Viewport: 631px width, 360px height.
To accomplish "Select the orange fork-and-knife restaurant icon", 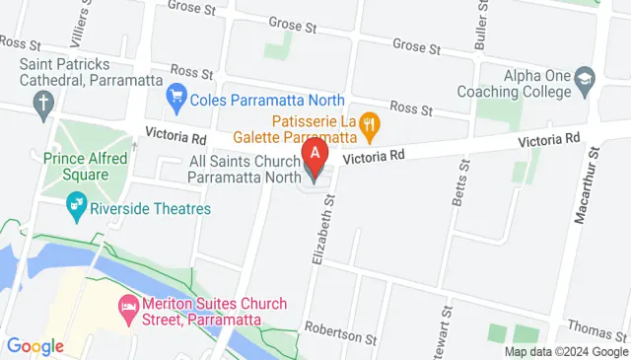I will (x=370, y=124).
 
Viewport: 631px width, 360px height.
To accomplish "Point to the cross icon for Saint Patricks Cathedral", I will (x=43, y=101).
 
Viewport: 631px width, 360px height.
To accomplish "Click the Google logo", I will (x=35, y=346).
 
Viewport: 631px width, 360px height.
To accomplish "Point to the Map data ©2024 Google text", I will (x=566, y=351).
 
